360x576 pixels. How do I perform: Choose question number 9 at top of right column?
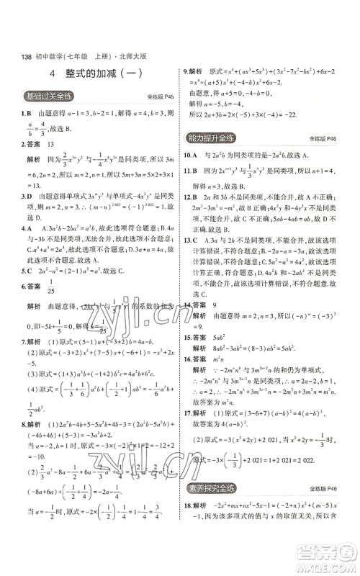pyautogui.click(x=186, y=72)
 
